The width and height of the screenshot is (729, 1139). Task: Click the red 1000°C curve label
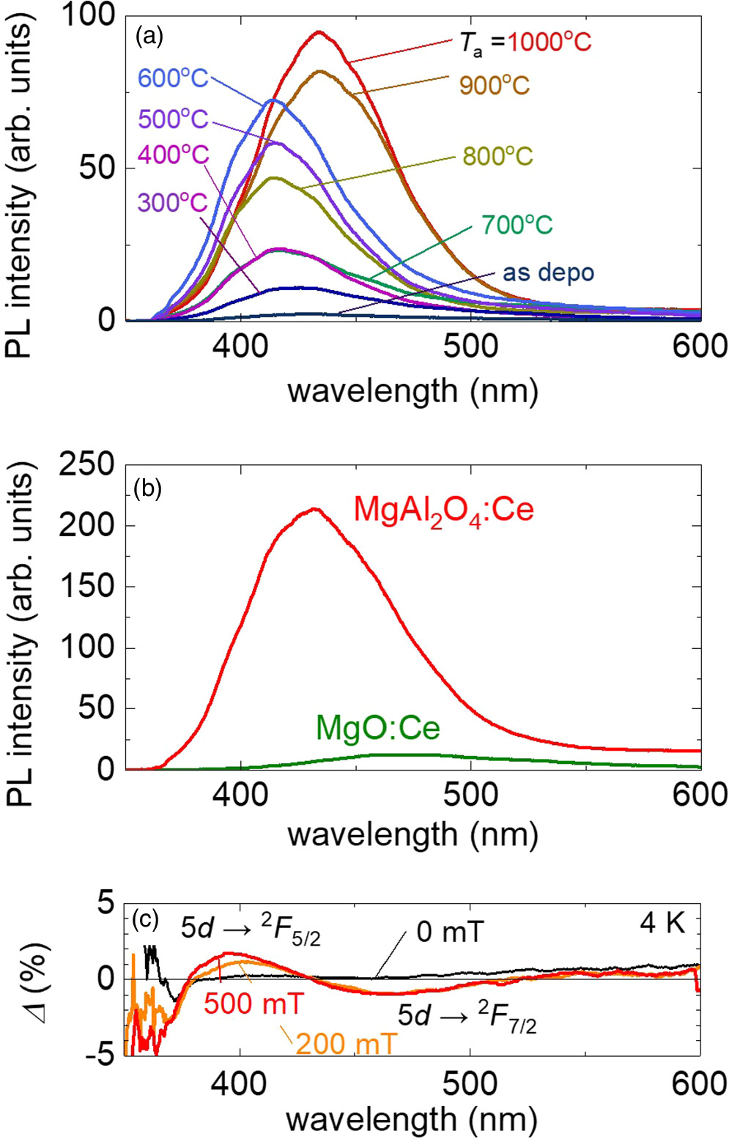click(x=549, y=42)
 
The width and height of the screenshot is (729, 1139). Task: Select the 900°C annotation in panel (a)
click(x=495, y=86)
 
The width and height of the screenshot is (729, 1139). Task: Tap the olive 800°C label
click(x=497, y=156)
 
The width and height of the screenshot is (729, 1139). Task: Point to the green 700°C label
click(x=517, y=225)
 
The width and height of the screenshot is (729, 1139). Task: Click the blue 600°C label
click(x=173, y=78)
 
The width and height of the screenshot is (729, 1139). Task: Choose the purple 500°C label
click(x=173, y=119)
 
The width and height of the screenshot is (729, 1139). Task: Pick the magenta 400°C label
click(x=173, y=155)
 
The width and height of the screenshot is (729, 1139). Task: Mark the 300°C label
click(x=173, y=202)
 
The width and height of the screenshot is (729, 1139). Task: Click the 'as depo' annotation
click(x=548, y=272)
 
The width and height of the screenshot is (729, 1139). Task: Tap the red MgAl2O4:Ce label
click(x=444, y=509)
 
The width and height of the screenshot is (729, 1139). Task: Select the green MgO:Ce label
click(x=377, y=728)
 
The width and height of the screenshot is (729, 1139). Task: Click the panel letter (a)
click(x=149, y=36)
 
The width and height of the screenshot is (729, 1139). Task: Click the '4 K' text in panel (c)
click(x=662, y=923)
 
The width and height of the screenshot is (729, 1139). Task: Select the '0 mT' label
click(x=450, y=932)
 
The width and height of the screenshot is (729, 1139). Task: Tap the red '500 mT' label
click(x=254, y=1003)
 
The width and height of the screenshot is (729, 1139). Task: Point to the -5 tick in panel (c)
click(x=100, y=1055)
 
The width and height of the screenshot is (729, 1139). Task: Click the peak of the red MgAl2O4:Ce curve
click(x=315, y=508)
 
